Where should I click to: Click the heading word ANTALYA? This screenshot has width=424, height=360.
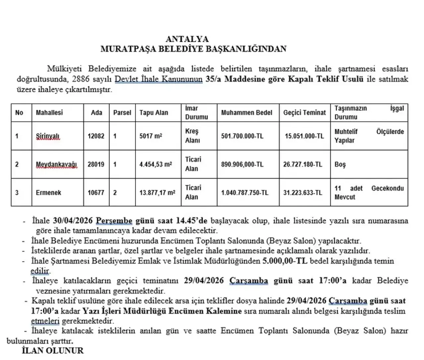coord(187,39)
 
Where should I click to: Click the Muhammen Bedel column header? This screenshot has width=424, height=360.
coord(246,112)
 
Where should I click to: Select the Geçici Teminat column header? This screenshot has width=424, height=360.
coord(304,112)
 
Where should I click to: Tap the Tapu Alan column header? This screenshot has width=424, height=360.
coord(154,112)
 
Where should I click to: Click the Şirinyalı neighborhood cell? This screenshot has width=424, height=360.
coord(48,136)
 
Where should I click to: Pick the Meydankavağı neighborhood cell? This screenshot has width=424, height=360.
coord(56,164)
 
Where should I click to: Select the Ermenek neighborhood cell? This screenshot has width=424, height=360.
coord(48,193)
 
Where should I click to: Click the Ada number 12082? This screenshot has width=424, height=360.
coord(96,136)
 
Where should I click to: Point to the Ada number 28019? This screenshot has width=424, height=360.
coord(96,164)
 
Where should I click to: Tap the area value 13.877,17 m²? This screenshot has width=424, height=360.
coord(157,193)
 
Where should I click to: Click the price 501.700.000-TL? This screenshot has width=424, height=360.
coord(242,136)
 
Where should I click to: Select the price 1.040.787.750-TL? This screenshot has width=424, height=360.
coord(245,193)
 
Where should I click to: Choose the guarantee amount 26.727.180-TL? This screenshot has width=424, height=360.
coord(302,164)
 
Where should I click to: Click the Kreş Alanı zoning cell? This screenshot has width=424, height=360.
coord(193,136)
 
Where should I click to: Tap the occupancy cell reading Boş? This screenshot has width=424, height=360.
coord(340,164)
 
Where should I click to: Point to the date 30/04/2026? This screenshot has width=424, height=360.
coord(73,221)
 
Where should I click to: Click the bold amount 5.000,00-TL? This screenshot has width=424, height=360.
coord(285,261)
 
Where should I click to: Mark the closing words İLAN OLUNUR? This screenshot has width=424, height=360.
coord(53,351)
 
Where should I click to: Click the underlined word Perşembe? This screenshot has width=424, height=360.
coord(114,221)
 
